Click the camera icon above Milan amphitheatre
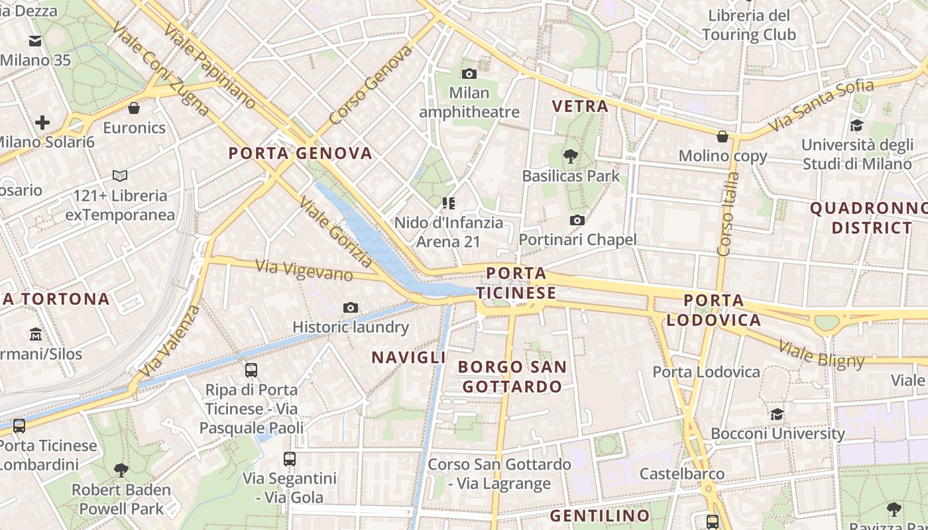click(x=469, y=74)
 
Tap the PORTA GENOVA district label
click(x=300, y=154)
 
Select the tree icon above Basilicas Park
click(x=570, y=156)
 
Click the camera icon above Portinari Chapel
click(x=577, y=220)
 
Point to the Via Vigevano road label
click(x=304, y=270)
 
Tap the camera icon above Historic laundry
click(x=351, y=307)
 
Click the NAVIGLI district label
click(x=408, y=358)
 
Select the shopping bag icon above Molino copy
click(x=723, y=136)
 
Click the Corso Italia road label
click(x=728, y=213)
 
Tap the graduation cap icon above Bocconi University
click(x=777, y=414)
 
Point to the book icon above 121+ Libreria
click(x=120, y=176)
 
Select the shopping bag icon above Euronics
click(x=134, y=107)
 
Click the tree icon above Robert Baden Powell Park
click(x=121, y=470)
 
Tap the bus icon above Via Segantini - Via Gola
click(x=290, y=458)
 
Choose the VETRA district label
click(x=580, y=106)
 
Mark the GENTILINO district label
click(x=600, y=515)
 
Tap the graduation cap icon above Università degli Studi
click(x=856, y=125)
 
